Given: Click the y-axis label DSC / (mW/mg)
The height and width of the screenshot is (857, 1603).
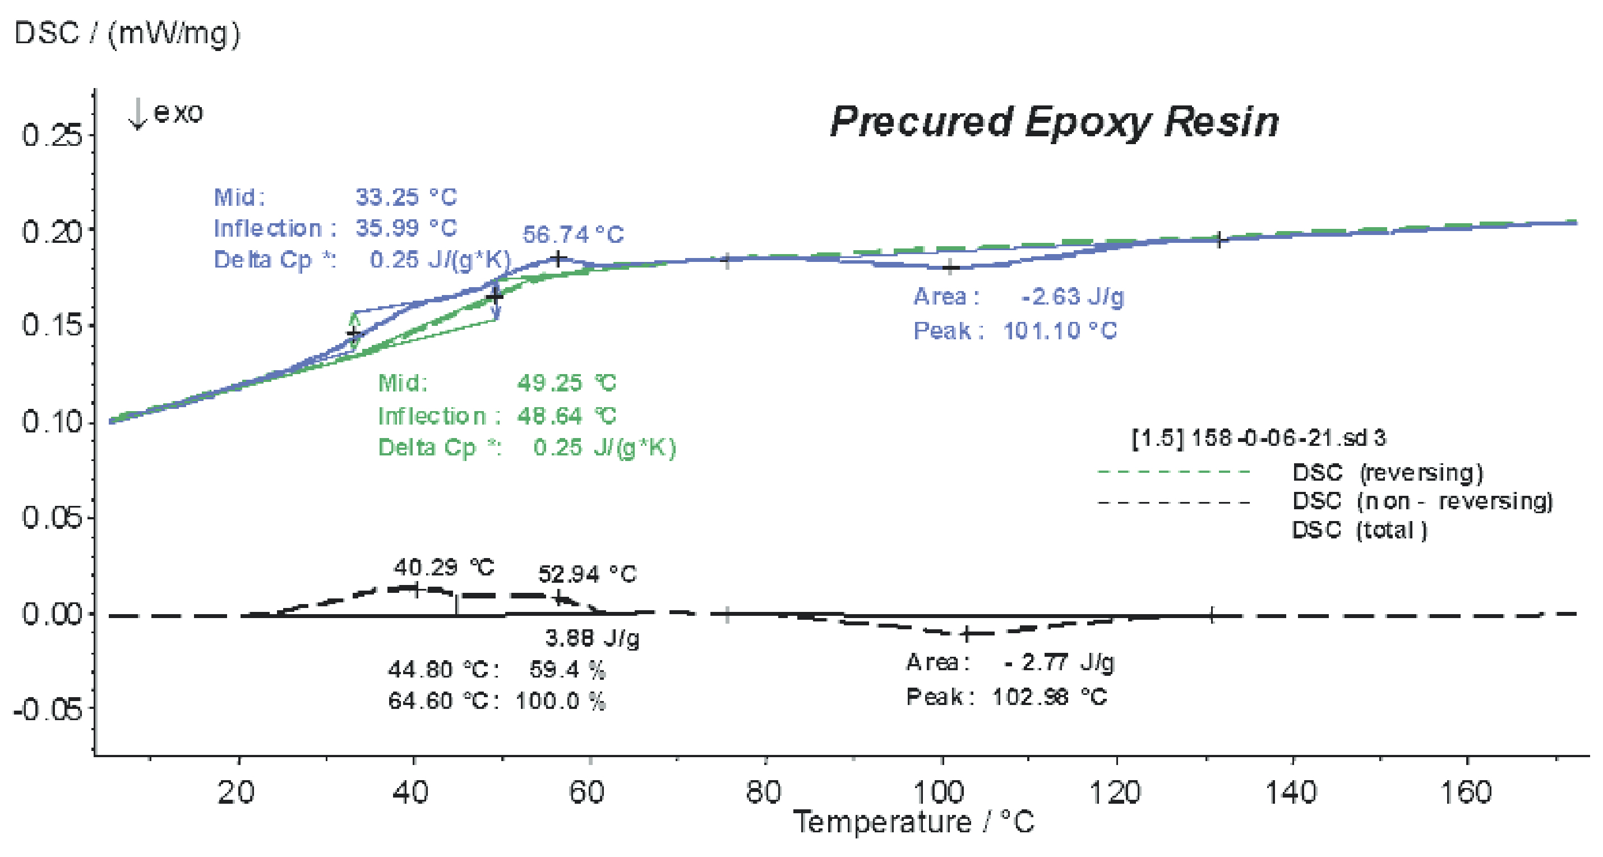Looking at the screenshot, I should click(127, 33).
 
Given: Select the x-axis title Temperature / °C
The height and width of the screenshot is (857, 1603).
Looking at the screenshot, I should click(913, 822).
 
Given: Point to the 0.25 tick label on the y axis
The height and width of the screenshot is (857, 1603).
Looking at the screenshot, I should click(52, 135).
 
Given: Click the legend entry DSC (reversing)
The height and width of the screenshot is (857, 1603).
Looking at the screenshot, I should click(1388, 472).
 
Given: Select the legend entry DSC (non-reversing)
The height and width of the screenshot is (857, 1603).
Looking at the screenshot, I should click(1422, 501).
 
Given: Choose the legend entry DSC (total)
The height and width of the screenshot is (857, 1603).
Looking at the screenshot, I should click(1360, 530).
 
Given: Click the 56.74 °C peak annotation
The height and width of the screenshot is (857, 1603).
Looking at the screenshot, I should click(572, 234).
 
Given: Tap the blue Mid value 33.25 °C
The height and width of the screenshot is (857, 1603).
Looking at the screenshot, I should click(406, 197).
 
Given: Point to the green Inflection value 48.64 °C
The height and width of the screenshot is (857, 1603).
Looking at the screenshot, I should click(566, 415).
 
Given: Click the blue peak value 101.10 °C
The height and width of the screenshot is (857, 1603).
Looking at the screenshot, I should click(1060, 330).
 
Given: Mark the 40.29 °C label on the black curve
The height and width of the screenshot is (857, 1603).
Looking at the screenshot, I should click(444, 567).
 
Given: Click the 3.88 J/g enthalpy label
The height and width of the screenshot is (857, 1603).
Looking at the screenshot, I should click(592, 637).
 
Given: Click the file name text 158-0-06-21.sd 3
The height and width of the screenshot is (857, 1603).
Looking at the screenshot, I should click(1288, 438).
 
